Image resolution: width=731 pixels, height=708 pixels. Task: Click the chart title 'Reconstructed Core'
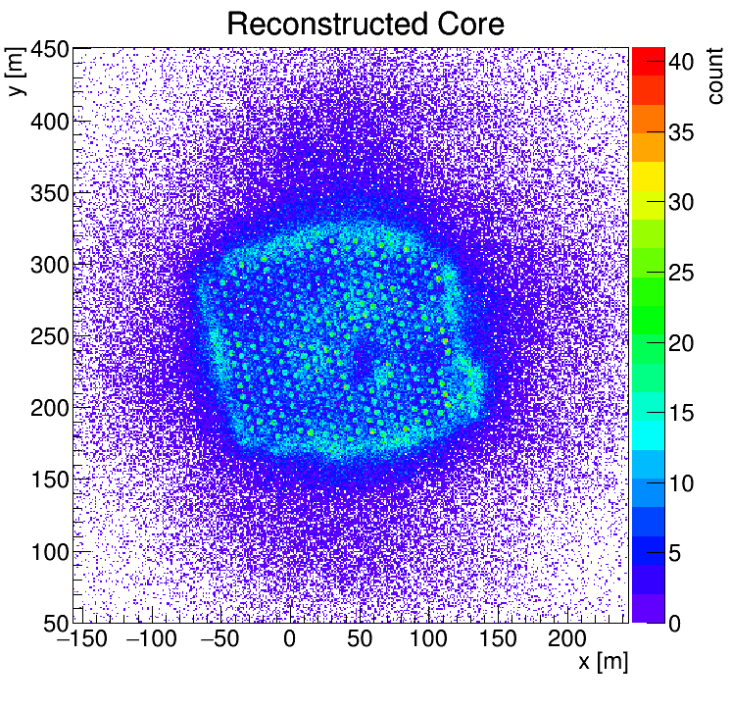tap(365, 24)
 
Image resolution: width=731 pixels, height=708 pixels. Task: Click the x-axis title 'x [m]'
tap(602, 663)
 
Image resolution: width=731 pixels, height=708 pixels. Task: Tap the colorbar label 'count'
tap(713, 76)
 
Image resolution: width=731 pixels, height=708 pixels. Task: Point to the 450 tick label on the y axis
tap(48, 50)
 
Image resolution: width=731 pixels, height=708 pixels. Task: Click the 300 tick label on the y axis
tap(48, 265)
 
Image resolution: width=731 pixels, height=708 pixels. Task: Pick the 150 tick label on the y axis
tap(48, 480)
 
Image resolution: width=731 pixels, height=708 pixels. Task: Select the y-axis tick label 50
tap(55, 623)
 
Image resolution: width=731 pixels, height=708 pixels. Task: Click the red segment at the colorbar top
tap(648, 55)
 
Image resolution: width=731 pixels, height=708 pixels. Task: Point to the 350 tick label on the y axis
tap(48, 193)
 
